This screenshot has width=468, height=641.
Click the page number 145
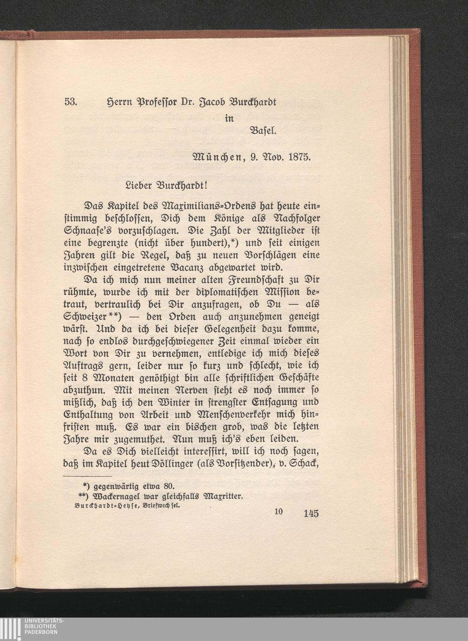click(311, 514)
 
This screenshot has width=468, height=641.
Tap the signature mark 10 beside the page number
click(278, 511)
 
